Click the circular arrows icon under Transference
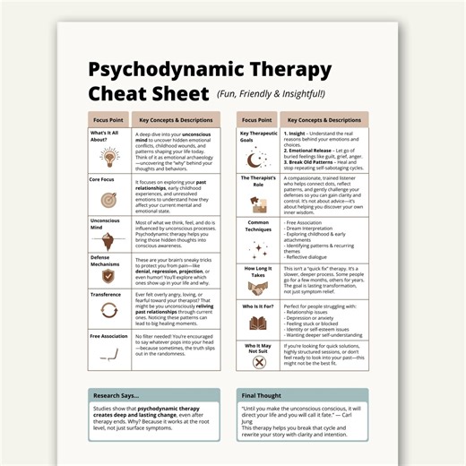(109, 311)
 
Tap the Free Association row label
(109, 337)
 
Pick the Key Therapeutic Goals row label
(258, 136)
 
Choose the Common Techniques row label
(258, 225)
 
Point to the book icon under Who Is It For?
(258, 323)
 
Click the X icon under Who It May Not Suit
(258, 362)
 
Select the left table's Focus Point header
(109, 119)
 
